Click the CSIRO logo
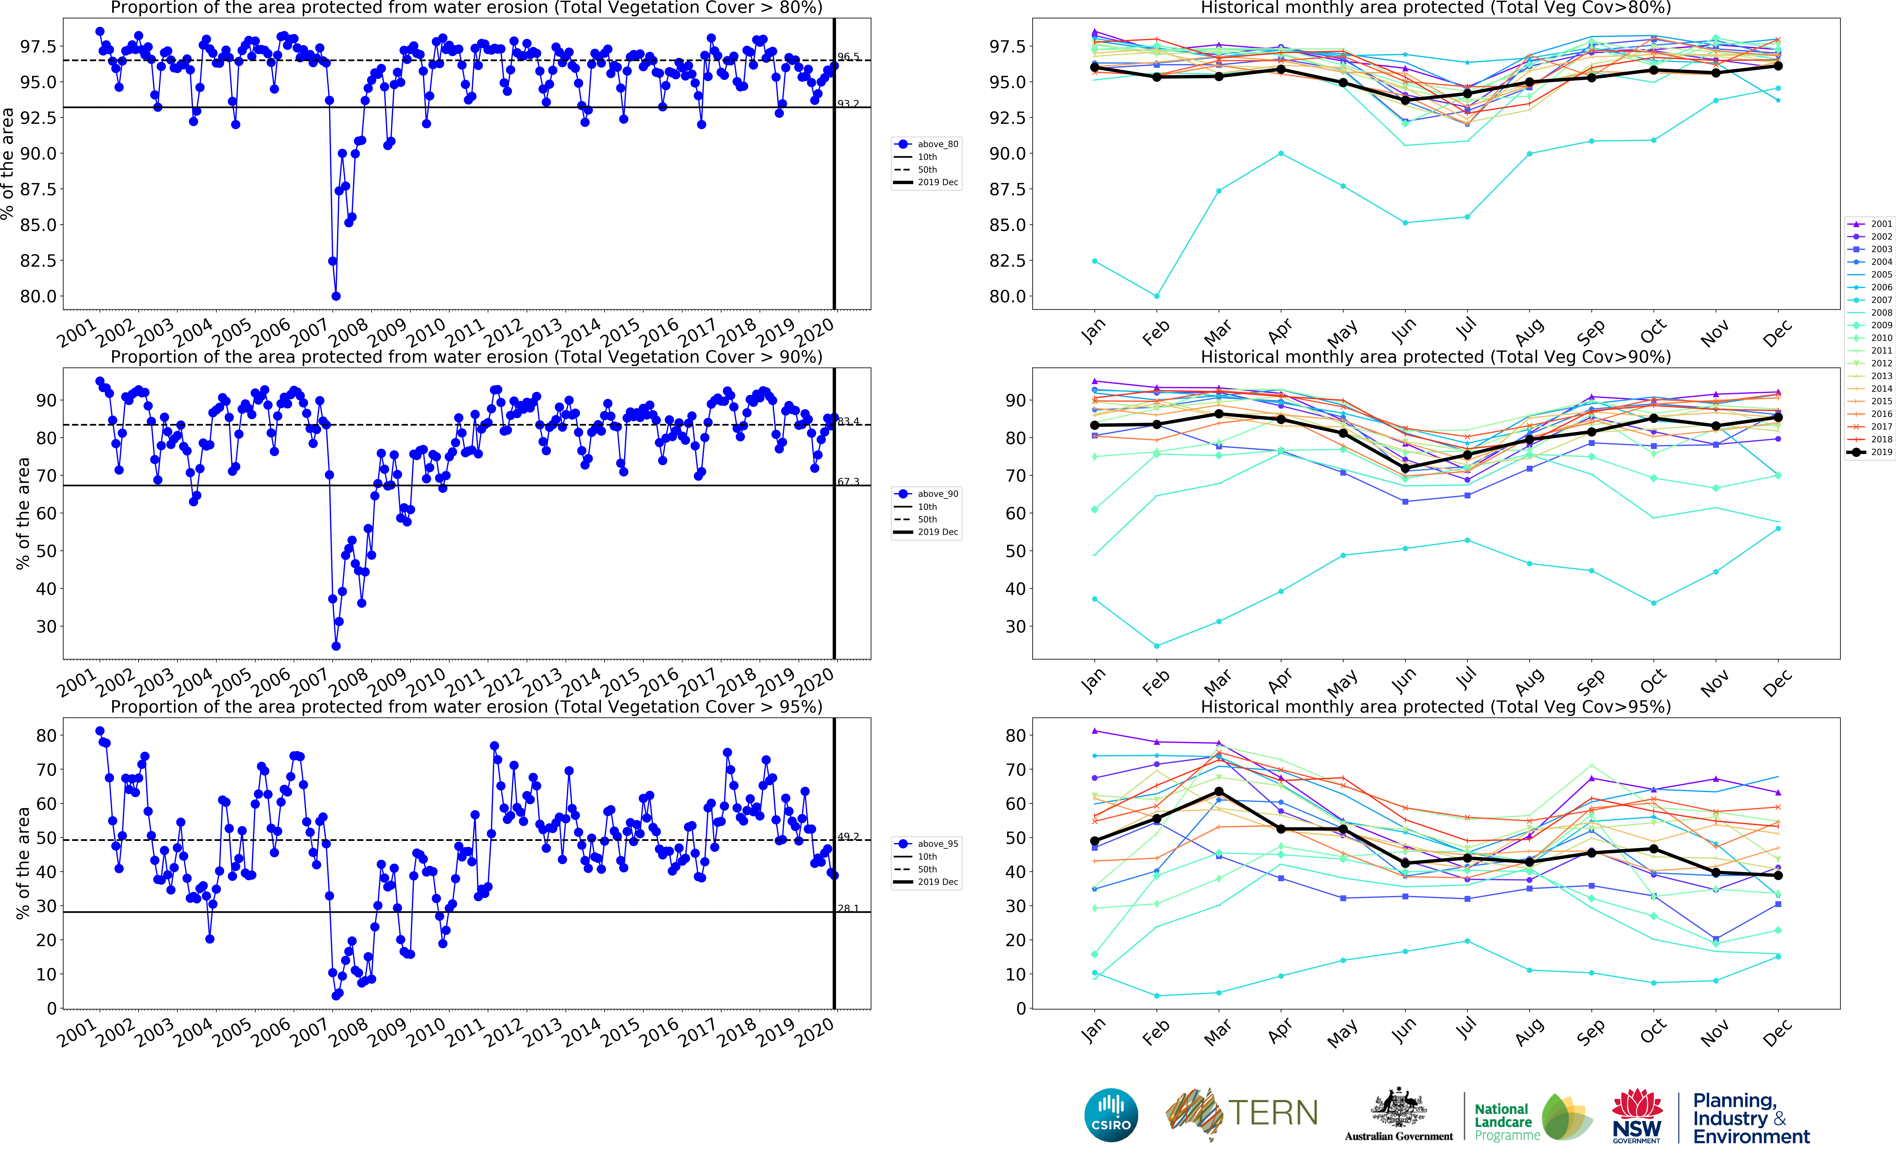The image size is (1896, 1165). [x=1111, y=1115]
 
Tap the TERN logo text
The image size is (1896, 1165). [x=1273, y=1113]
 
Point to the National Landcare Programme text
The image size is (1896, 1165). [x=1502, y=1122]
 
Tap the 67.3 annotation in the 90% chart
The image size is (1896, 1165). [x=848, y=482]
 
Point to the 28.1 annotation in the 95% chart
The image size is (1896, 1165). [x=848, y=908]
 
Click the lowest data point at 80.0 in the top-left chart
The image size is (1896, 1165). [x=336, y=296]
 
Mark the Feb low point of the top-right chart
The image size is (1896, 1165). [x=1156, y=296]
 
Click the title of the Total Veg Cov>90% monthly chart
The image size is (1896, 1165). [x=1435, y=357]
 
